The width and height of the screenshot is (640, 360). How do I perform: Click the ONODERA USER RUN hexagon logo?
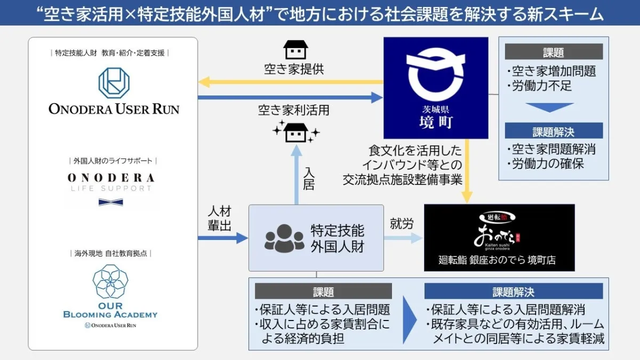[x=114, y=83]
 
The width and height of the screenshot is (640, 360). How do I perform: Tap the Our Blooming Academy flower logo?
[x=110, y=281]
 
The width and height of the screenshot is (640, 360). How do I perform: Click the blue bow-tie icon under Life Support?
[x=111, y=202]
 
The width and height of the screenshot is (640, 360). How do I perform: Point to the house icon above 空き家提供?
[x=295, y=49]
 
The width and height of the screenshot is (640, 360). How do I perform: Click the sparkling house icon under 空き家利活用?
[x=295, y=130]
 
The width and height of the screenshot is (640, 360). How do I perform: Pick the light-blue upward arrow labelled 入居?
[x=297, y=176]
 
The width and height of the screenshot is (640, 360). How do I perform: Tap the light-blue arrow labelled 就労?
[x=403, y=238]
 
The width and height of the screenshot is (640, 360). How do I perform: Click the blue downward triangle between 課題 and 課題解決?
[x=553, y=107]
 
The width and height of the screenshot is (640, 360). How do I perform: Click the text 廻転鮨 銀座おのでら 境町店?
[x=497, y=260]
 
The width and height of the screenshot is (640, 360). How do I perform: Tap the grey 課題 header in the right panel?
[x=553, y=52]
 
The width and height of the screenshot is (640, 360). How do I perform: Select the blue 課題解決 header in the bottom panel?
[x=513, y=292]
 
